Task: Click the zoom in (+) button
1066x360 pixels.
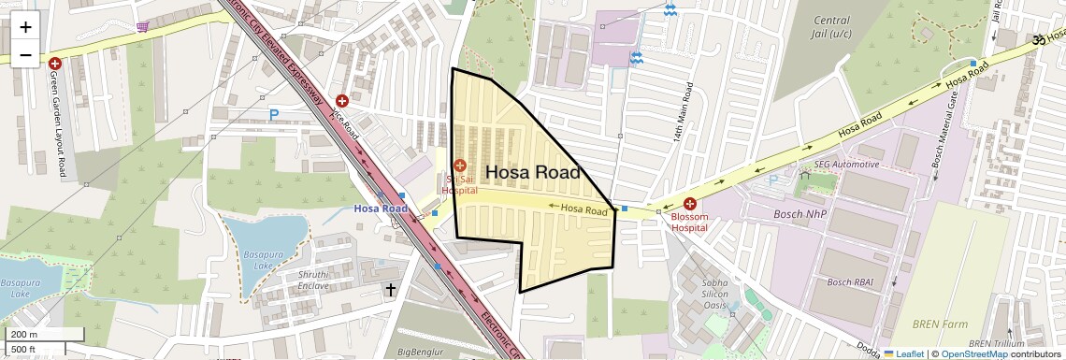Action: coord(25,26)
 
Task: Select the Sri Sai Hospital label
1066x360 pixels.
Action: coord(459,183)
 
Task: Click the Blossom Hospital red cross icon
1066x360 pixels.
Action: coord(690,204)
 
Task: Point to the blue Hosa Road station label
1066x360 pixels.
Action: coord(381,209)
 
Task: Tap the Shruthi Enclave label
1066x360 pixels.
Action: coord(313,280)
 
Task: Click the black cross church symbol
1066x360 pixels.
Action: coord(390,291)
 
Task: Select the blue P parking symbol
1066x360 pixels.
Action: coord(274,115)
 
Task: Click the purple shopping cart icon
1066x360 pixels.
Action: coord(142,26)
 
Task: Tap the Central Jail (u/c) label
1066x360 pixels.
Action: coord(831,27)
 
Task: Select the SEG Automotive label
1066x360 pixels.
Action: coord(846,165)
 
